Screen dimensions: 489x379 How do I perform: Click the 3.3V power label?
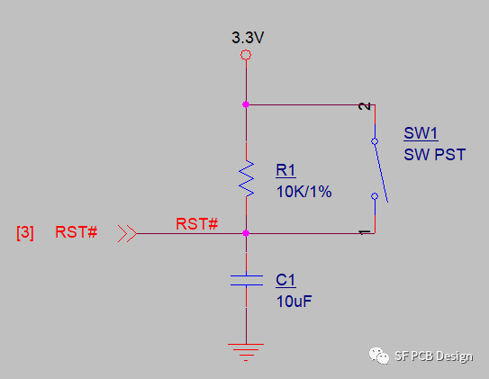click(248, 38)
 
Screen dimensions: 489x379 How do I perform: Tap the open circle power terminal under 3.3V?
click(246, 55)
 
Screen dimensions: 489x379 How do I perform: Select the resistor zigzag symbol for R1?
click(247, 178)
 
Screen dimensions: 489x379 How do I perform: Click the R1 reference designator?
click(285, 170)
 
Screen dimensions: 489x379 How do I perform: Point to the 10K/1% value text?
click(303, 192)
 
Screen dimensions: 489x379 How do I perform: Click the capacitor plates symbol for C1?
click(247, 280)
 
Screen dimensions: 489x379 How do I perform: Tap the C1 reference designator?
click(285, 280)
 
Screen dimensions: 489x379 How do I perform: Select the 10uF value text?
click(294, 301)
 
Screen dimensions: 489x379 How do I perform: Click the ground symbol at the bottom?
click(246, 352)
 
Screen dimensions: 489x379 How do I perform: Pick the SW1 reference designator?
click(421, 133)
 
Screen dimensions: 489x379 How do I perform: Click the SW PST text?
click(435, 154)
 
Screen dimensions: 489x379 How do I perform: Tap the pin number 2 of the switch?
click(364, 106)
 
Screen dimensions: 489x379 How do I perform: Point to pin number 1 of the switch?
click(364, 232)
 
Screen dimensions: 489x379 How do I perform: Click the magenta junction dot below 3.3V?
click(246, 104)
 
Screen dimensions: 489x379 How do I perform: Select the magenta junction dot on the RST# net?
click(246, 233)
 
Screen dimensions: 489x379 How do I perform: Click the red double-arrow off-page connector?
click(127, 233)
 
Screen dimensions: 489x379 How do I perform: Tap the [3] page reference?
click(25, 232)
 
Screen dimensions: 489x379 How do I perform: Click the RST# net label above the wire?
click(197, 224)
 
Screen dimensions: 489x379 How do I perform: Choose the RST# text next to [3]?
click(76, 232)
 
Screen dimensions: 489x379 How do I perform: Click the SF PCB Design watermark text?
click(433, 356)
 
